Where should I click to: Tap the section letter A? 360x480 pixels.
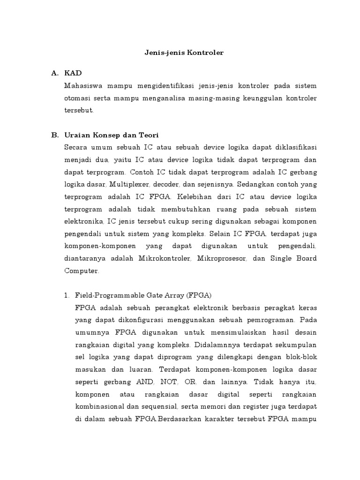click(x=54, y=74)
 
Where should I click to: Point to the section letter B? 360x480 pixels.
click(x=54, y=135)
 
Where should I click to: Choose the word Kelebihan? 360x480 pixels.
click(x=198, y=209)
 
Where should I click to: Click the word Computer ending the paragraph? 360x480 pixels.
click(x=82, y=271)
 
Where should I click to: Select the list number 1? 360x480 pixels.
click(x=66, y=295)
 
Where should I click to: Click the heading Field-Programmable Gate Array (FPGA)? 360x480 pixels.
click(x=143, y=295)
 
